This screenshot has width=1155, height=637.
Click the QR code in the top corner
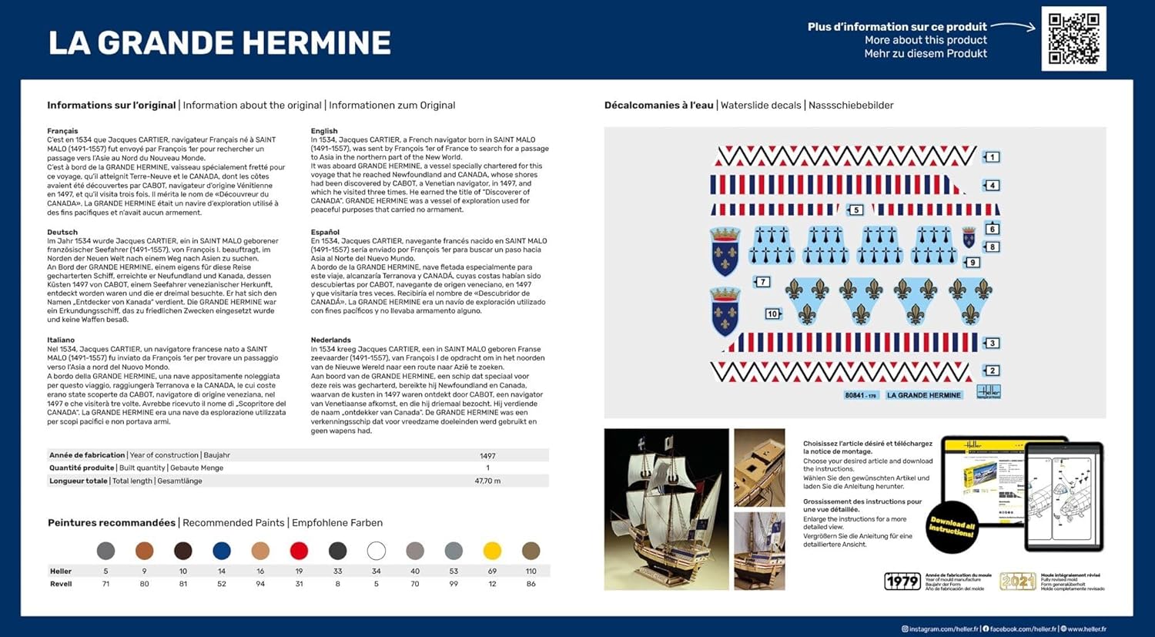pos(1073,39)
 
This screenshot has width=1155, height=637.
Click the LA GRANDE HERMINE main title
pos(219,43)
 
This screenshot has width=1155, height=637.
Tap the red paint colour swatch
pos(299,551)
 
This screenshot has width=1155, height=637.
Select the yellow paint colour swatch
pos(492,551)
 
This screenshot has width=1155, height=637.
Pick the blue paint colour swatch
pos(222,551)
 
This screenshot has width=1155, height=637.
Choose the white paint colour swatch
pos(376,551)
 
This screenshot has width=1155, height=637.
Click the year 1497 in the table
pos(487,456)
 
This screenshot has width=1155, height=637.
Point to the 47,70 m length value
pos(487,481)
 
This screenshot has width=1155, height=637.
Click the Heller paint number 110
pos(531,572)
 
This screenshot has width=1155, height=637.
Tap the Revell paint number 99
pos(454,584)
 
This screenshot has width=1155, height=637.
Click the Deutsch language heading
pos(62,232)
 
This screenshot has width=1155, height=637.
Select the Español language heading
pos(325,232)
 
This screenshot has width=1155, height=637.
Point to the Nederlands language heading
pos(330,340)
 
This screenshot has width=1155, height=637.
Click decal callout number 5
pos(855,210)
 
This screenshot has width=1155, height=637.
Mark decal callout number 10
pos(772,313)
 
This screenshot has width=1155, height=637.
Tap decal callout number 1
pos(993,157)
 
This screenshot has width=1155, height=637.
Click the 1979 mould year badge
pos(902,582)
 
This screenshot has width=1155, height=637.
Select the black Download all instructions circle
pos(952,527)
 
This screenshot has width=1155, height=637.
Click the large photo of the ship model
pos(666,509)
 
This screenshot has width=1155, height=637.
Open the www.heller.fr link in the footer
pos(1086,629)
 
